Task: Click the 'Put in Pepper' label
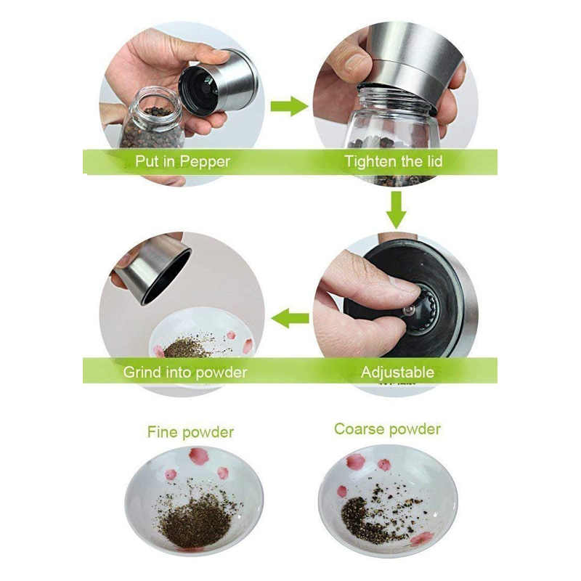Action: click(182, 161)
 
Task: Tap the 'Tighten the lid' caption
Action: click(394, 161)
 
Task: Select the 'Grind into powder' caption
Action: click(185, 372)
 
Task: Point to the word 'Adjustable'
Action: click(397, 372)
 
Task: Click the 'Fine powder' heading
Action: click(190, 432)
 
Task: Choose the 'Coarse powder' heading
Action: click(387, 429)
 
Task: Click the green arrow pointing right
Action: click(289, 106)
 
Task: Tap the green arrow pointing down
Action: click(396, 210)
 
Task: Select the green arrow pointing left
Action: click(290, 318)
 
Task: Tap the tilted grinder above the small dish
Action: click(152, 268)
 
